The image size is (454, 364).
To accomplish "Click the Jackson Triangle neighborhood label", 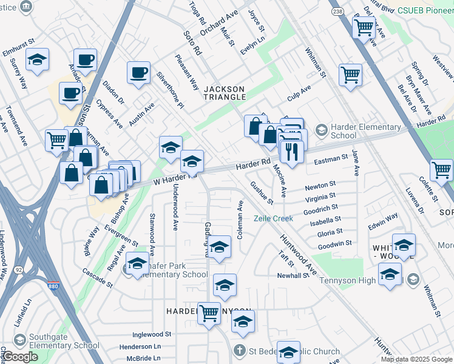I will [224, 93].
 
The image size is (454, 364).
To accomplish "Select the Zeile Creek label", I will [273, 218].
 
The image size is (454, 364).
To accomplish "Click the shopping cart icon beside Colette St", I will [441, 169].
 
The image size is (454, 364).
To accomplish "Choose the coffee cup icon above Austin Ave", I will [138, 73].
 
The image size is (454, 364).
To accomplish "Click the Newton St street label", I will [320, 185].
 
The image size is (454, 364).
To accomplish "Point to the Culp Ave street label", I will [299, 93].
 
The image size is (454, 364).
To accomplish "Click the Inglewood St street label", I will [152, 334].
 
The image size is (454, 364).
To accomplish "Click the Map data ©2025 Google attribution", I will [416, 359].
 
